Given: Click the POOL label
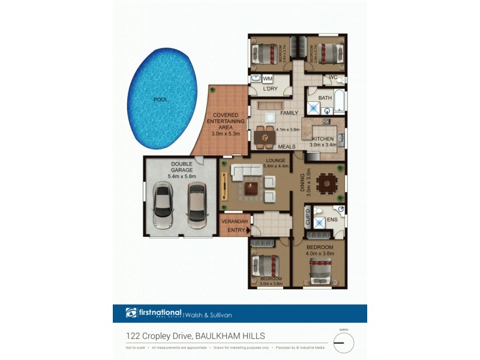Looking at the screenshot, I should [160, 100].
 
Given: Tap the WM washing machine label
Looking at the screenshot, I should [268, 79].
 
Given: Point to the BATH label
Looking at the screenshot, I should [325, 98].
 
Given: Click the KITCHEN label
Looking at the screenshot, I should [322, 139].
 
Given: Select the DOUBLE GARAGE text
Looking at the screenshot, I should [181, 167].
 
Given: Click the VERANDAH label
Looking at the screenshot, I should [235, 221].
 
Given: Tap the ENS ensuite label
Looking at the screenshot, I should [332, 220].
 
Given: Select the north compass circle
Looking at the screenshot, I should [344, 343].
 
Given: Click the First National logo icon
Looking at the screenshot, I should [131, 313].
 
